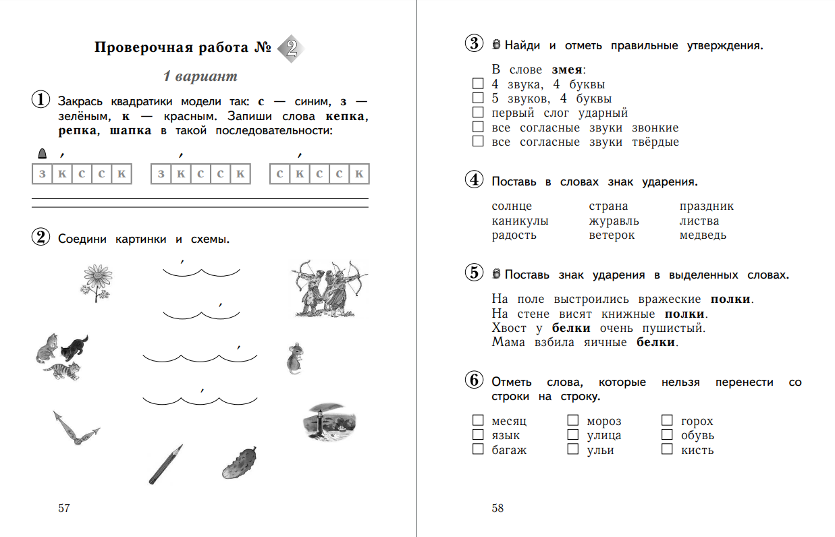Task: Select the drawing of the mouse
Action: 295,357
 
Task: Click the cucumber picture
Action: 240,461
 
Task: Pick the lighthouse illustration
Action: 328,423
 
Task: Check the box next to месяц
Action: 478,421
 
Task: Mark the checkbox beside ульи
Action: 573,449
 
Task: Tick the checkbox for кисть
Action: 667,449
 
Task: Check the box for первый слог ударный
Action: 478,113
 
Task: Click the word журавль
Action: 614,221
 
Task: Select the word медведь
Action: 703,235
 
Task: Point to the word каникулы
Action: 520,221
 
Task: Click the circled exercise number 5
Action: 475,273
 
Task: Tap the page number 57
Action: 64,508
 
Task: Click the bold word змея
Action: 567,69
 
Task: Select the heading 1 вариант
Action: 200,76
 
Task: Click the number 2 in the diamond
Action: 290,48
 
